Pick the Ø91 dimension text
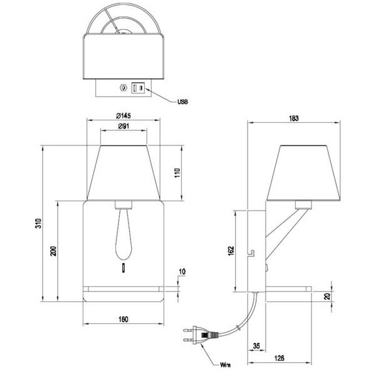tap(122, 127)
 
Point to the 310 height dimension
tap(37, 222)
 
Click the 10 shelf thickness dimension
tap(182, 271)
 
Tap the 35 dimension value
tap(257, 345)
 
